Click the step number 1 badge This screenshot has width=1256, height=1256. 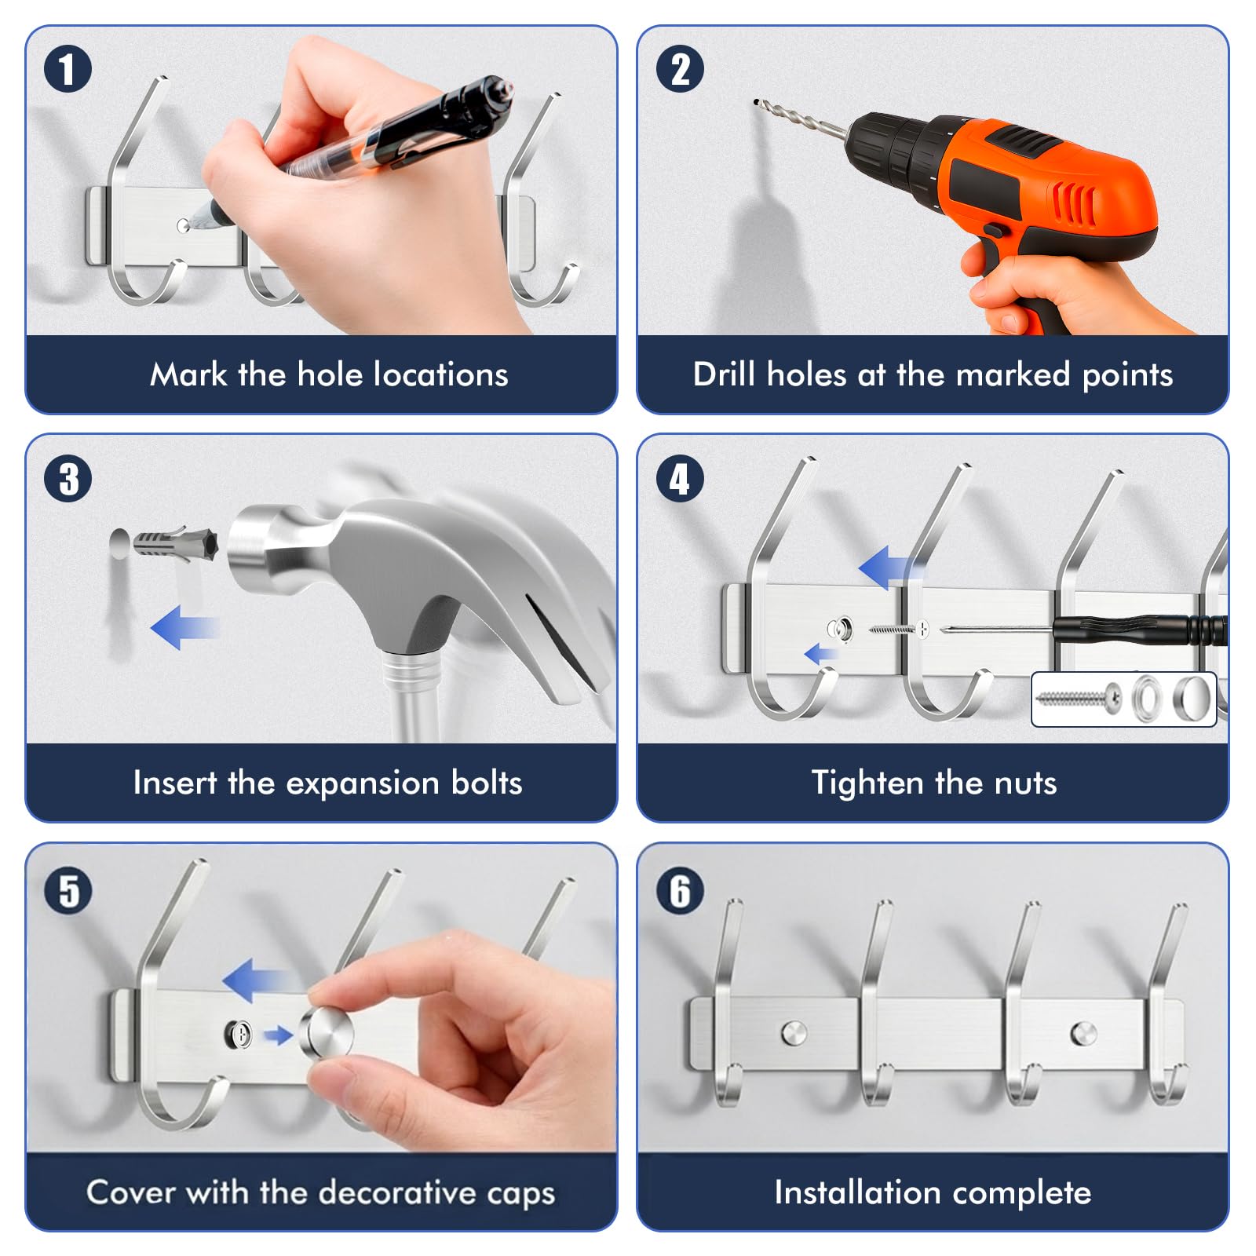68,69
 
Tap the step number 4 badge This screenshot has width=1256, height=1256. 680,479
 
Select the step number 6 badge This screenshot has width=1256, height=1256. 680,890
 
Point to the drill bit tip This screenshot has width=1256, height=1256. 756,102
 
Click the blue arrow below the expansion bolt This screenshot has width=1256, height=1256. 183,627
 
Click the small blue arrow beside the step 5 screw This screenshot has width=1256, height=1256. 277,1036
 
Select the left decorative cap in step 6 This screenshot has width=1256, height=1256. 794,1033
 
